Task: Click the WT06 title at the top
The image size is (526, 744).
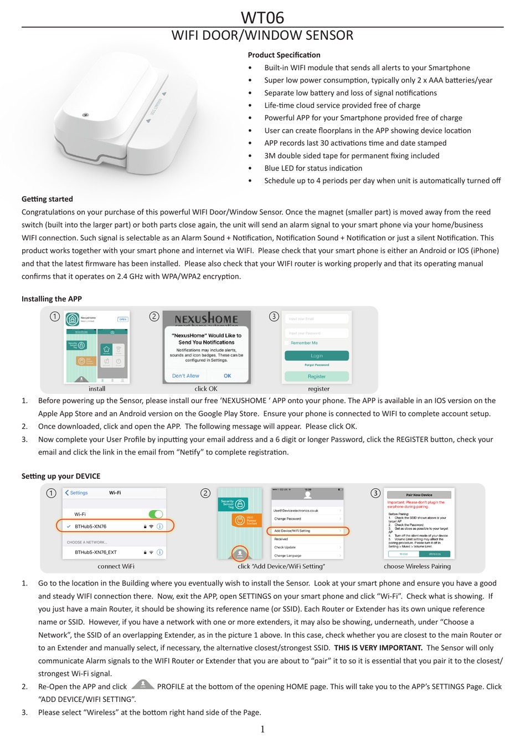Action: (262, 17)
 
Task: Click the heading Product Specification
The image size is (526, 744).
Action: (284, 55)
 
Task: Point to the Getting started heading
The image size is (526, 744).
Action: (47, 199)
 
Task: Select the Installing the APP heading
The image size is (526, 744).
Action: (51, 299)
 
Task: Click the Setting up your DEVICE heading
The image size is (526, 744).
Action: (61, 476)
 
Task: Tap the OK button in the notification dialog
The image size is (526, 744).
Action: (228, 376)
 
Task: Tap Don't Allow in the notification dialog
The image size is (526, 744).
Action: (185, 376)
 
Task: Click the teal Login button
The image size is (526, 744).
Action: (317, 356)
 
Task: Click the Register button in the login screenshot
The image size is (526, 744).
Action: (317, 376)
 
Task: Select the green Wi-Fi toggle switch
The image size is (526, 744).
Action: (156, 514)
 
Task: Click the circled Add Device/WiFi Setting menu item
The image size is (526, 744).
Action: (308, 531)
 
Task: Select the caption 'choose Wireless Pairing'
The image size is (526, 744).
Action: (417, 566)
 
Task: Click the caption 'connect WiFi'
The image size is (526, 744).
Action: (116, 566)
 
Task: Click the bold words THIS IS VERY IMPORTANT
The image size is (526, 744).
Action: (378, 648)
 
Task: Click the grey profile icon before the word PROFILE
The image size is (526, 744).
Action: (143, 685)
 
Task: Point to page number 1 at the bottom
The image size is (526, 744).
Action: (262, 729)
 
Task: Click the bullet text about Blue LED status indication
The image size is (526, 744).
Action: (313, 168)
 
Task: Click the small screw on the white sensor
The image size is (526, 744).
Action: (85, 115)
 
